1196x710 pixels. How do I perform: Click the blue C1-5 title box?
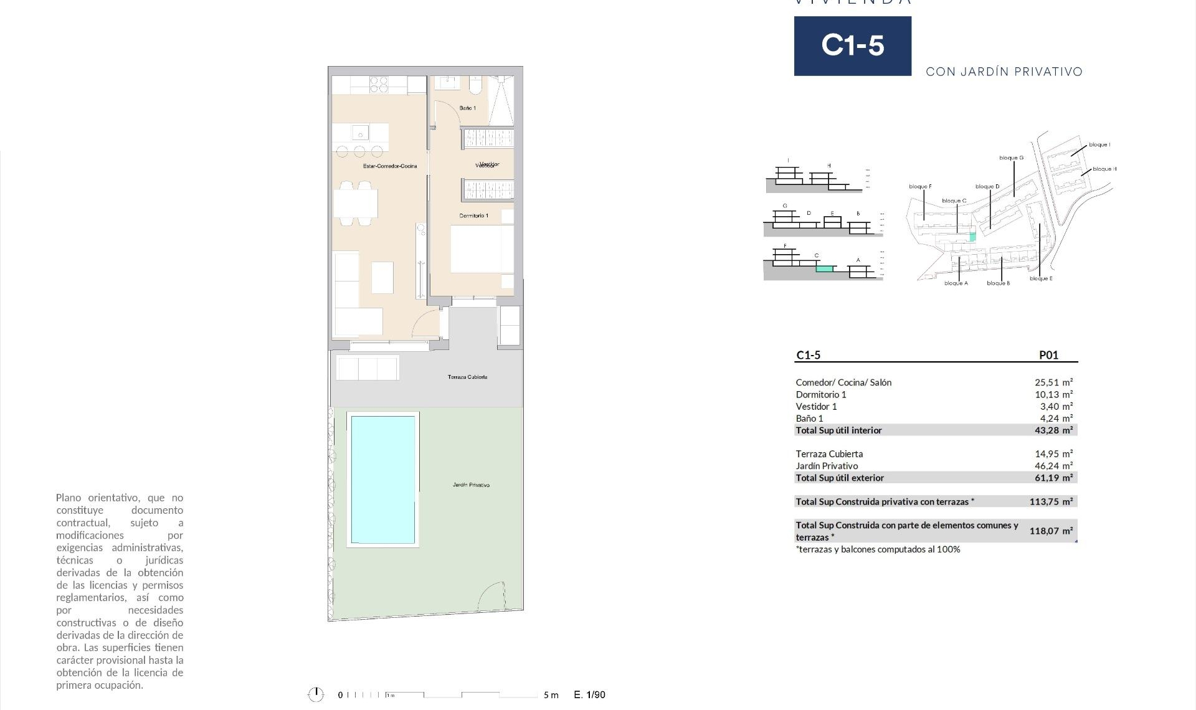point(852,46)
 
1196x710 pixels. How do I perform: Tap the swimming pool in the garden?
point(382,480)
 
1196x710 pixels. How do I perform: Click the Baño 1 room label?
point(467,108)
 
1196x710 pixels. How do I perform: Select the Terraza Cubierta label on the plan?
point(467,377)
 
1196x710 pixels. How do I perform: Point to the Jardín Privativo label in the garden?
point(471,485)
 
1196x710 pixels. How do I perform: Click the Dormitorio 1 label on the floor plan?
point(473,215)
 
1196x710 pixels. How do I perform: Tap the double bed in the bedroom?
point(481,249)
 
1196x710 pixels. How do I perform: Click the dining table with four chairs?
point(356,203)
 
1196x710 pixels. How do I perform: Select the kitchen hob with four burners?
point(379,85)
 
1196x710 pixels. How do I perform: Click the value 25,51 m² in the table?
point(1053,382)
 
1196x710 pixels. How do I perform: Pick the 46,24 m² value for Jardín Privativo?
point(1053,466)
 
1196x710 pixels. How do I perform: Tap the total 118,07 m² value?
point(1051,531)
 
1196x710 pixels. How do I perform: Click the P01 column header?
point(1048,355)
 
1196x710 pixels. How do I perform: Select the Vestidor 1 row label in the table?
point(816,407)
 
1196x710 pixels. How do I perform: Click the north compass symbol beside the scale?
point(316,694)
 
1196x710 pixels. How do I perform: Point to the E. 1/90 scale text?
point(589,694)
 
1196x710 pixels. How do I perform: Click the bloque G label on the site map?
point(1011,158)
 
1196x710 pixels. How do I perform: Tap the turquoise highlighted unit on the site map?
point(973,237)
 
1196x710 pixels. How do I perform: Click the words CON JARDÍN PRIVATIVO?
point(1004,72)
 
